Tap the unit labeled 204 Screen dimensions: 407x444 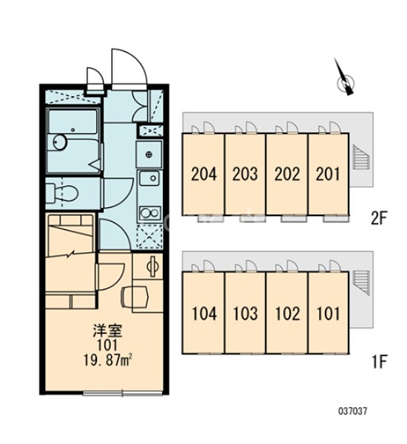203,174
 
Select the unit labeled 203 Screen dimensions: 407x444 245,174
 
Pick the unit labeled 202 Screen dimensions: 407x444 287,174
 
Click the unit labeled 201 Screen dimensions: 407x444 329,174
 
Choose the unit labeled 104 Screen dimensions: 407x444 203,313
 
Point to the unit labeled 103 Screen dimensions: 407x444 245,313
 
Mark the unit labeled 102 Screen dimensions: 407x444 287,313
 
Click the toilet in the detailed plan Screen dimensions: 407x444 61,193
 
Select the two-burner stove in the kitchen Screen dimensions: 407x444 149,213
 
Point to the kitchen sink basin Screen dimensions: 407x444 149,178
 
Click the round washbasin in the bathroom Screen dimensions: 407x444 60,141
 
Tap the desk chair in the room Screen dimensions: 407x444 135,297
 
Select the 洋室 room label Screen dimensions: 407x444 107,331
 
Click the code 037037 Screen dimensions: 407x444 352,411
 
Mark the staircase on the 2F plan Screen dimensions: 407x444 361,157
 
